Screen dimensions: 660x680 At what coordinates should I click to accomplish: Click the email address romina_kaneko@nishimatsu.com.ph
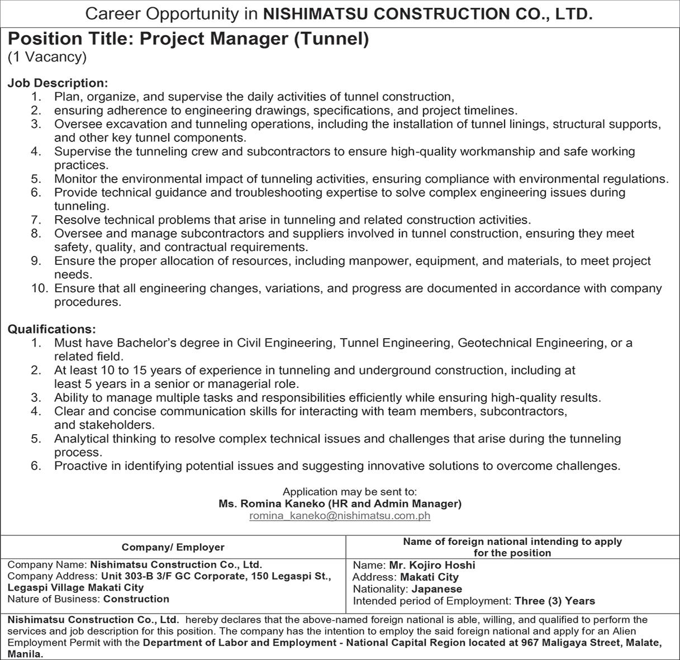point(340,516)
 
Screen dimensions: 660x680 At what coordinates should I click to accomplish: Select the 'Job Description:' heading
point(58,83)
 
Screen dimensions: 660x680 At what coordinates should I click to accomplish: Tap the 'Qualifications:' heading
point(51,329)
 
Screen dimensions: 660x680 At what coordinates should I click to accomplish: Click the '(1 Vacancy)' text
point(47,56)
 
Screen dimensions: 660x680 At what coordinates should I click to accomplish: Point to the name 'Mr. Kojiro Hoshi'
point(432,565)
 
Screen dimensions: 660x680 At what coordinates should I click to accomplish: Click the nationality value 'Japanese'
point(437,589)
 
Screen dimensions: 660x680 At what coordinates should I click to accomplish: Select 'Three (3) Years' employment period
point(555,601)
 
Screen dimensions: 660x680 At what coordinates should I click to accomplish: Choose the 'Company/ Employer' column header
point(173,547)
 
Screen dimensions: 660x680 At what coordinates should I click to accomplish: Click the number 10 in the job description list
point(40,288)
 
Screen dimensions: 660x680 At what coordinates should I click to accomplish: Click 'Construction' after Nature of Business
point(136,599)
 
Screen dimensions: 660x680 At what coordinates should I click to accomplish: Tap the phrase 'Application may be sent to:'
point(350,492)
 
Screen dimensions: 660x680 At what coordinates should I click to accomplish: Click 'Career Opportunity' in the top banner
point(163,15)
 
